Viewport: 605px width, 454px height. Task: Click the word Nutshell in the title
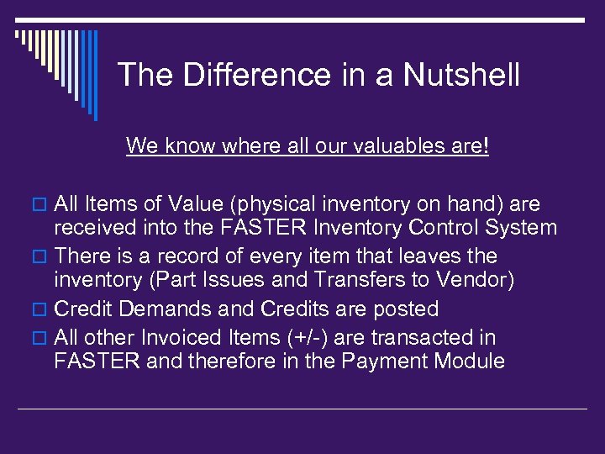461,76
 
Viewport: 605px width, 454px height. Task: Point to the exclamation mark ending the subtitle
486,145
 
